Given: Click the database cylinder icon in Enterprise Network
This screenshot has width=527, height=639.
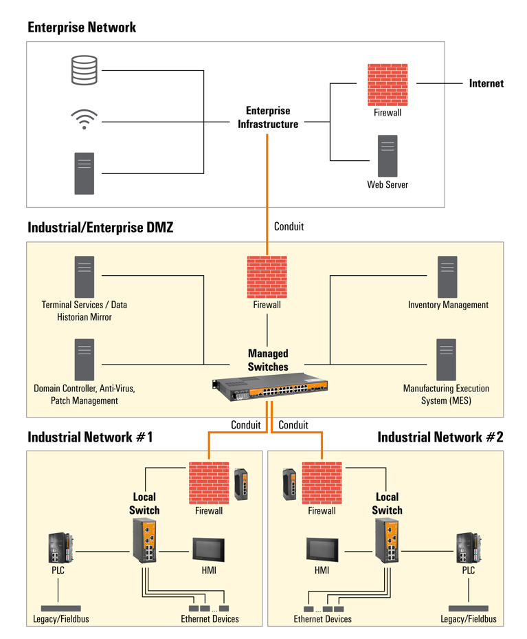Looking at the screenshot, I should [x=85, y=70].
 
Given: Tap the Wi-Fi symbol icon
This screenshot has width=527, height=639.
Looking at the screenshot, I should [x=85, y=119].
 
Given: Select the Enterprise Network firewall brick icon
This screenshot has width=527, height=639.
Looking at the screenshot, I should [x=388, y=85].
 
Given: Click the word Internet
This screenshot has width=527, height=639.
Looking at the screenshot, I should [x=486, y=84].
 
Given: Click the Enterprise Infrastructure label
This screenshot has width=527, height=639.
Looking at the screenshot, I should [x=268, y=118].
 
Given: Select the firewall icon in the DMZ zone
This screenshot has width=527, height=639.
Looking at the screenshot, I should [x=267, y=277].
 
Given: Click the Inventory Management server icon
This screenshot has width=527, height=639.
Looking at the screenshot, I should [x=447, y=277].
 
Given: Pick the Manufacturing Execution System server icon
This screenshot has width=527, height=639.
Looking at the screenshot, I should [x=447, y=359].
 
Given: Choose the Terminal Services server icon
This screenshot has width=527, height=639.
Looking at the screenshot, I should [x=85, y=277].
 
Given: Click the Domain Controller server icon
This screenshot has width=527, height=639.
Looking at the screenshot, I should [x=85, y=359].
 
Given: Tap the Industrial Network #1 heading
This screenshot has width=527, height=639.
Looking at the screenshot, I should [x=90, y=437].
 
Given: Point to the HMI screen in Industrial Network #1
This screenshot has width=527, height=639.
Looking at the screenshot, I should [x=209, y=550].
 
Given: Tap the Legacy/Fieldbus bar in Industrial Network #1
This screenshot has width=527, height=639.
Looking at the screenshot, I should [x=60, y=608].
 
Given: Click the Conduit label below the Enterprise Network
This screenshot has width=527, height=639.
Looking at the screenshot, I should [x=289, y=226].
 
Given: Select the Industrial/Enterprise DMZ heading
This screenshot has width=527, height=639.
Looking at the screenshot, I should [x=100, y=228].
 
